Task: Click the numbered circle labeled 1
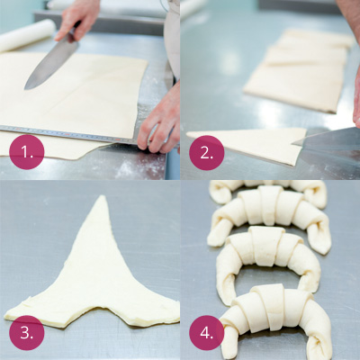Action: pos(27,152)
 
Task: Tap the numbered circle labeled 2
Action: pos(207,153)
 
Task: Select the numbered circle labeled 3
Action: pos(27,333)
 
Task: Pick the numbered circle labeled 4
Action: pos(207,333)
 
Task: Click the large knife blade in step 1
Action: pos(51,66)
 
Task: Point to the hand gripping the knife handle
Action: pos(77,21)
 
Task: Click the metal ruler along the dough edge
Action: pos(70,134)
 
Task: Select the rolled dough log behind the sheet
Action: pos(26,34)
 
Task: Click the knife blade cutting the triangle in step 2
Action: pos(327,139)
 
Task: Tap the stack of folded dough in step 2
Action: pos(300,69)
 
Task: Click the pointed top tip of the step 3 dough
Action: pos(103,196)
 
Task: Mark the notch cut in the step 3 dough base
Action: pos(96,308)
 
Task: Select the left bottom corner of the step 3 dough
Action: pos(6,317)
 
